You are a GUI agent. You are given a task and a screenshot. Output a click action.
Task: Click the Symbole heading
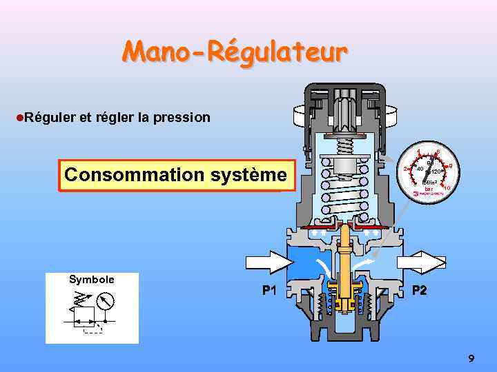pyautogui.click(x=91, y=279)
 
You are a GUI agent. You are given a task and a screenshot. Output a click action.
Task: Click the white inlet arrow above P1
pyautogui.click(x=270, y=262)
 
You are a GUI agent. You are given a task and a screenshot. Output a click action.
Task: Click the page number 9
pyautogui.click(x=471, y=358)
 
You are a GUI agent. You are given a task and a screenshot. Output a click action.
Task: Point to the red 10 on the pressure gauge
pyautogui.click(x=447, y=188)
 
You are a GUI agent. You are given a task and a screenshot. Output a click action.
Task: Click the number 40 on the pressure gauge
pyautogui.click(x=419, y=169)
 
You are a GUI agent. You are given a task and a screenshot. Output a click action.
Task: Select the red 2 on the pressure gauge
pyautogui.click(x=405, y=169)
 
